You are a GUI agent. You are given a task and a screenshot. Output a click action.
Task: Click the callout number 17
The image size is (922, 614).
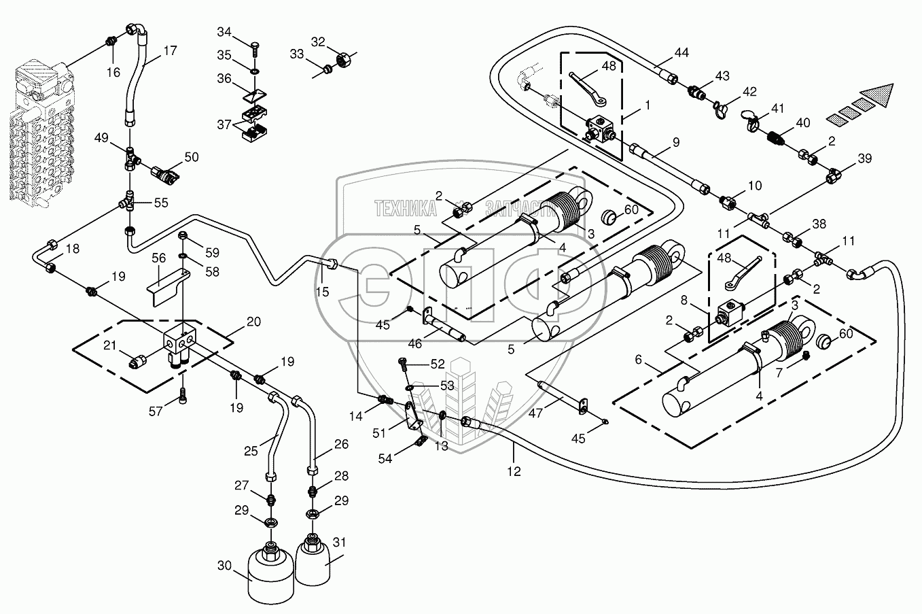pos(170,50)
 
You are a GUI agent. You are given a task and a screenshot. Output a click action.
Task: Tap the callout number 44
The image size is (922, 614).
pos(681,52)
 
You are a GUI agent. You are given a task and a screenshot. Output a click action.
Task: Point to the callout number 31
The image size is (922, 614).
pos(339,542)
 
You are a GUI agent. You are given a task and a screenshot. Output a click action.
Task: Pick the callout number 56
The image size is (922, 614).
pos(158,259)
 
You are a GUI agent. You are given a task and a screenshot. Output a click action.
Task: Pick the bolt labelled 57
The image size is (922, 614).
pos(183,398)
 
